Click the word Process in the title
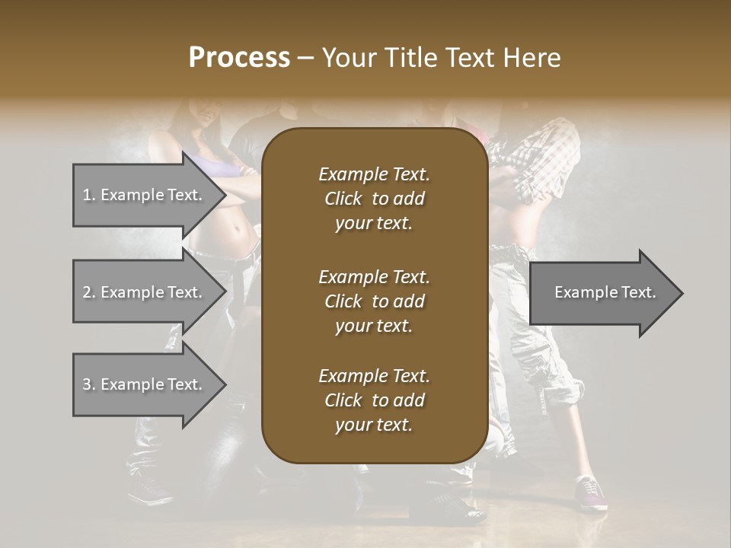239,58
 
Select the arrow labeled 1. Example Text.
145,195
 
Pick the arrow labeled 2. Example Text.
145,292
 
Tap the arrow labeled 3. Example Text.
145,384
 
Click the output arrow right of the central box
602,292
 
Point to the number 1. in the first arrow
89,195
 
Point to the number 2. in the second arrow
89,292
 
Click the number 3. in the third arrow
89,384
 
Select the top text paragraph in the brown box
374,199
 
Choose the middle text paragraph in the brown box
374,301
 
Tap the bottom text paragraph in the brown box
374,400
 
